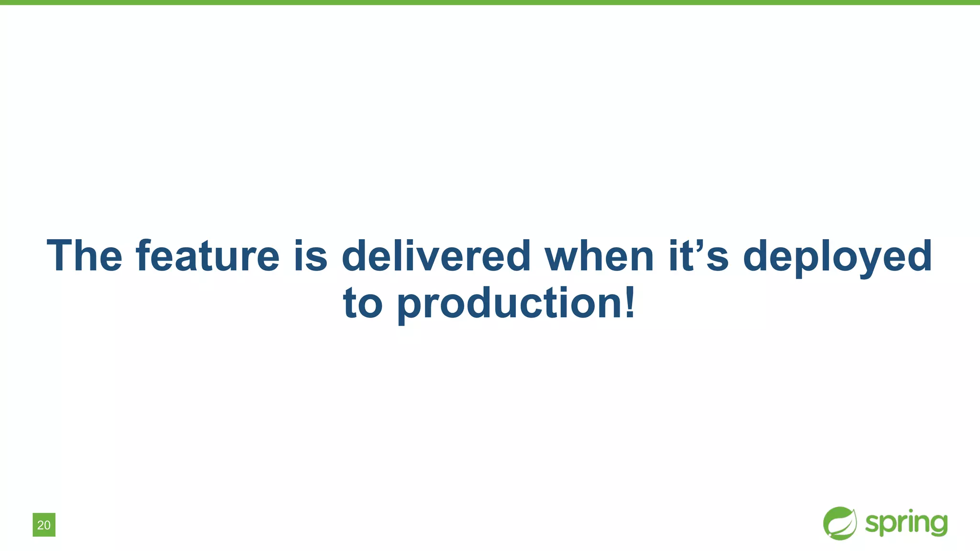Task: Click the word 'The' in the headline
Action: click(x=84, y=256)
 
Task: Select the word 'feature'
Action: click(x=208, y=256)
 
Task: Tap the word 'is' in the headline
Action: click(x=311, y=256)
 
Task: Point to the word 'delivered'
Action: click(x=436, y=256)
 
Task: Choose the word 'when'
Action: click(x=599, y=256)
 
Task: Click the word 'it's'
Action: click(x=698, y=256)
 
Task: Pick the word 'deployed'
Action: click(x=837, y=257)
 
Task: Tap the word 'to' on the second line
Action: click(x=363, y=303)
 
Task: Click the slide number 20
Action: click(x=44, y=525)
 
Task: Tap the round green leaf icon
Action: click(x=840, y=523)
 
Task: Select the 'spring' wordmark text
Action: click(x=906, y=523)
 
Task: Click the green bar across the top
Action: click(x=490, y=2)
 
